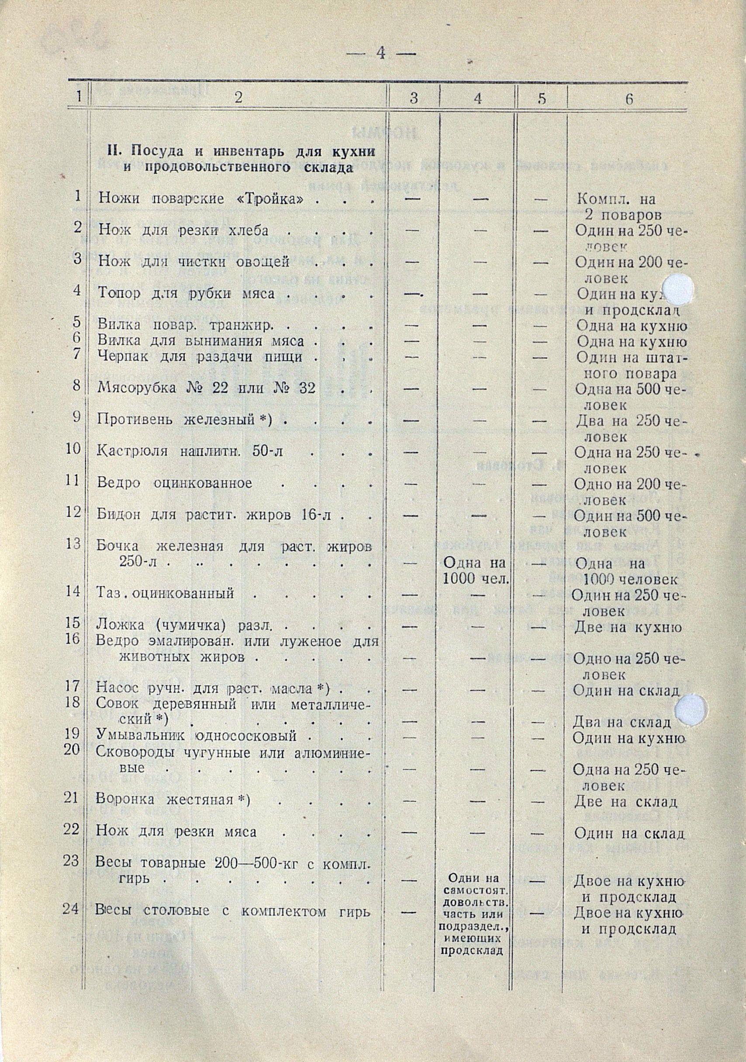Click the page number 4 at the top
point(381,54)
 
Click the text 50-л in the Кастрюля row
point(262,451)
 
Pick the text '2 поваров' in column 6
point(628,216)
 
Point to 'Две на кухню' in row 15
point(628,628)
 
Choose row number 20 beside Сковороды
point(73,750)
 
